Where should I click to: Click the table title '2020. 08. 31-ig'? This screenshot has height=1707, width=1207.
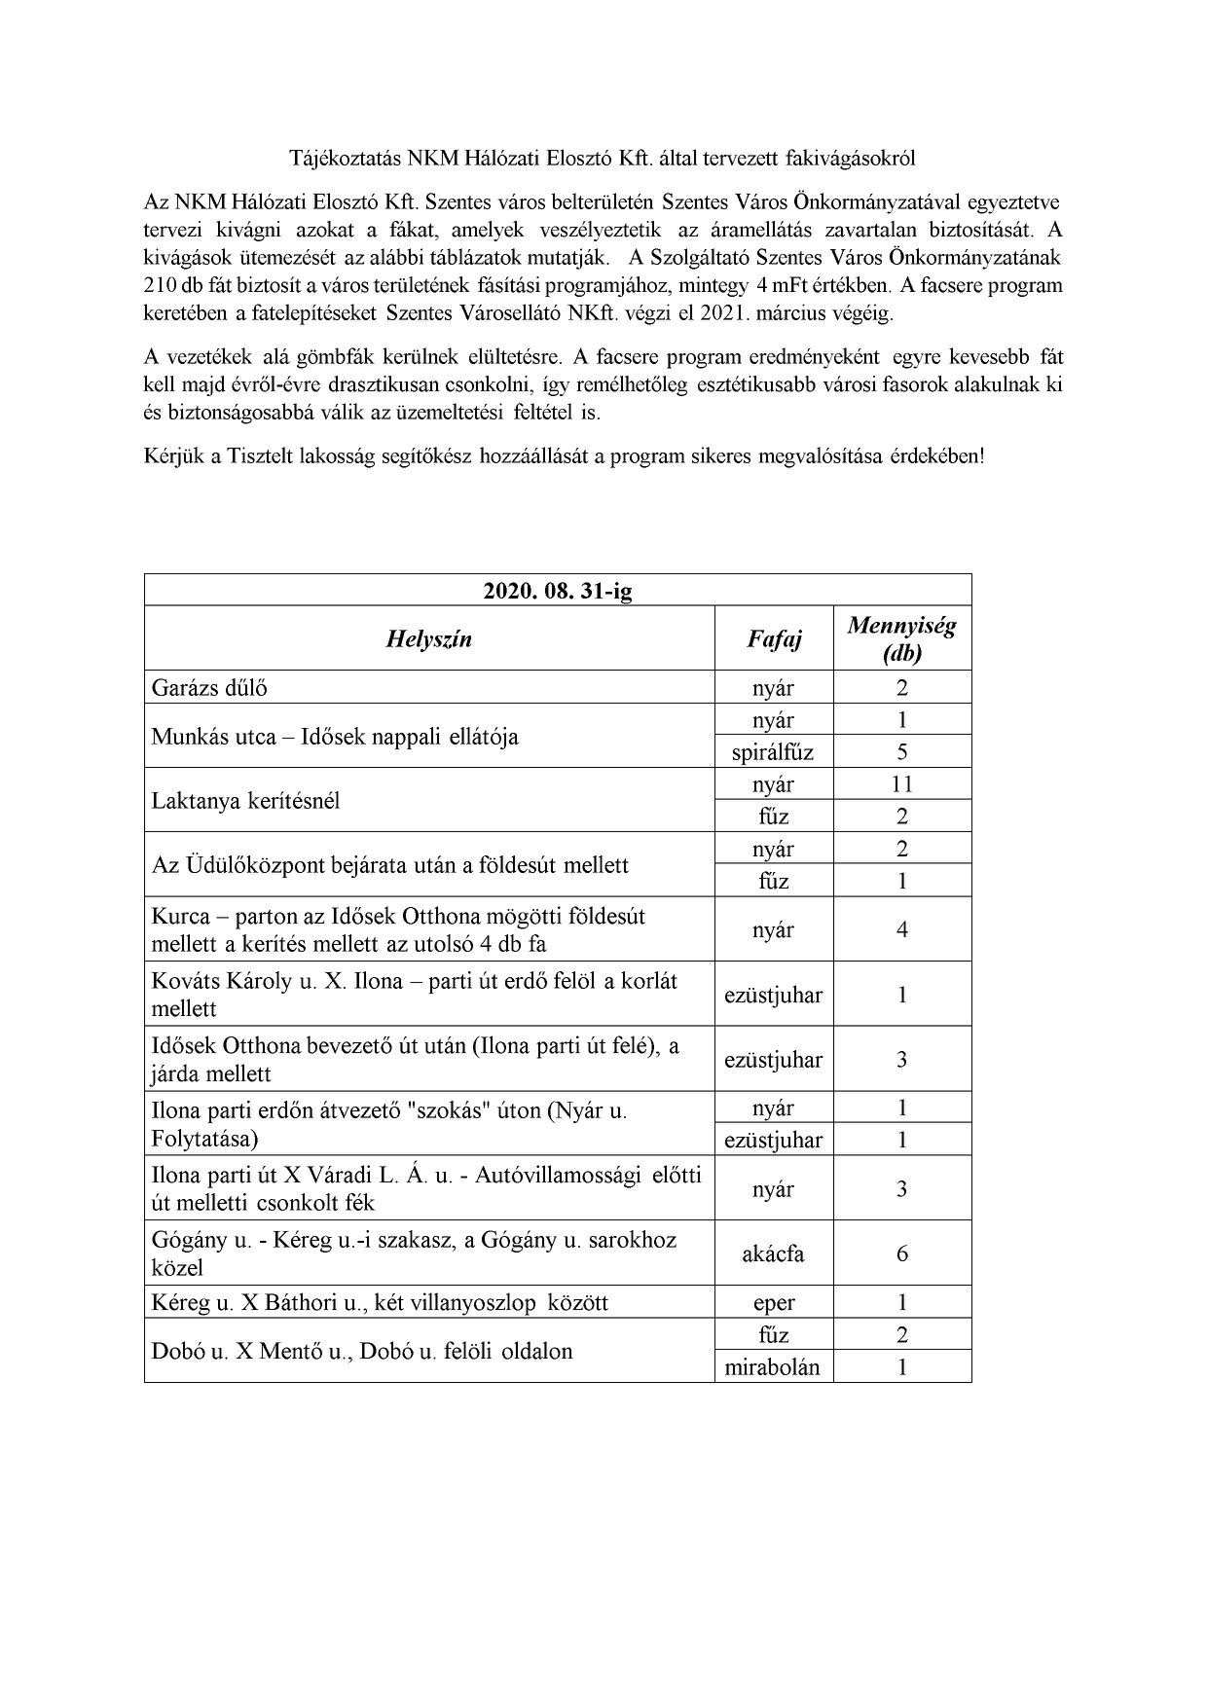tap(558, 591)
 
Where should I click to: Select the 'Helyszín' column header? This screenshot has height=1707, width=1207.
tap(429, 638)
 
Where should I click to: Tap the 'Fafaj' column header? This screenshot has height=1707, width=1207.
tap(774, 638)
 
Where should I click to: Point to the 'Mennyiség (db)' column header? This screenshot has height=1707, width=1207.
tap(901, 638)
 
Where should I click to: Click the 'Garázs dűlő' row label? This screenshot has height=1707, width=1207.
tap(209, 687)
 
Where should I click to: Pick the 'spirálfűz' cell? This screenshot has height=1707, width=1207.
tap(773, 751)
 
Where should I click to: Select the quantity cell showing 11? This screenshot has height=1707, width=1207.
tap(901, 783)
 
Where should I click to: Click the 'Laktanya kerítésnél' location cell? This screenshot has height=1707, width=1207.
tap(245, 801)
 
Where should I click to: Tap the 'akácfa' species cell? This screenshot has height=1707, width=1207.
tap(773, 1253)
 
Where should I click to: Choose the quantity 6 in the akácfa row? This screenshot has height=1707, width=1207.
tap(901, 1253)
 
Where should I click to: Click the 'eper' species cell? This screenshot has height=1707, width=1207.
tap(773, 1302)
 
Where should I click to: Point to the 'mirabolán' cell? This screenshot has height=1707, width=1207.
tap(773, 1366)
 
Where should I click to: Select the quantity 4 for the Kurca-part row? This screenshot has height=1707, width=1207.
tap(901, 929)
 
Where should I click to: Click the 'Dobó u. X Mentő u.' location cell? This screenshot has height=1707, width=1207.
tap(362, 1351)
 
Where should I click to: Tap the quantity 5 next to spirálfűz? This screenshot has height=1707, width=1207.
tap(901, 751)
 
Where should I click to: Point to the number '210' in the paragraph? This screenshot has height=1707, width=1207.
tap(160, 286)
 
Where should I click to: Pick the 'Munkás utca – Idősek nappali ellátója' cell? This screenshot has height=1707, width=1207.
tap(335, 736)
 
